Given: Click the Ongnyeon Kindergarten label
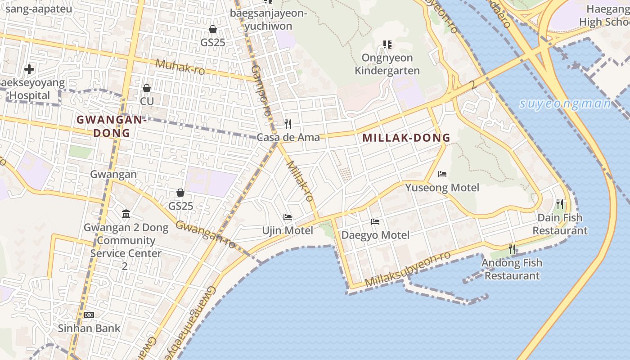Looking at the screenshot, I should coord(387,64).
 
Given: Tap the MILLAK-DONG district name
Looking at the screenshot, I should coord(406,138).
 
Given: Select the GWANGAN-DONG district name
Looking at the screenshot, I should coord(112,126).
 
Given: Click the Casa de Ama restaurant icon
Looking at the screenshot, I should coord(288,124).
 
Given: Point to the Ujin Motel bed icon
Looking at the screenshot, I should coord(288,218).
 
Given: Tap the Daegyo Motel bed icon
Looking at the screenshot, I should coord(375,222).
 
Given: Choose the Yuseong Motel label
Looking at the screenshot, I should coord(442,188).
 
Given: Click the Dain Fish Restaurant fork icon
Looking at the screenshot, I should coord(560,204).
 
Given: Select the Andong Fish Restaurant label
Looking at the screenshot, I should coord(512,269).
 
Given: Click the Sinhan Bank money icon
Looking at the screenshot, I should coord(89,315).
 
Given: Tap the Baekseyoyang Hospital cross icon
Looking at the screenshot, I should coord(29,69).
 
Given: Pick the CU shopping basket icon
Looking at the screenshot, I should coord(147,88).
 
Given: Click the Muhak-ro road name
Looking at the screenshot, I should coord(180,67).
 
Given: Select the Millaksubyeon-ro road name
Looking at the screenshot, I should coord(408,270).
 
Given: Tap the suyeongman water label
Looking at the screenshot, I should coord(565,104).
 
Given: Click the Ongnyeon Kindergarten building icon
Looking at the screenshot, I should coord(387,45).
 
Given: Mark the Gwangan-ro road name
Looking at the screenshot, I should coord(205,234).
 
